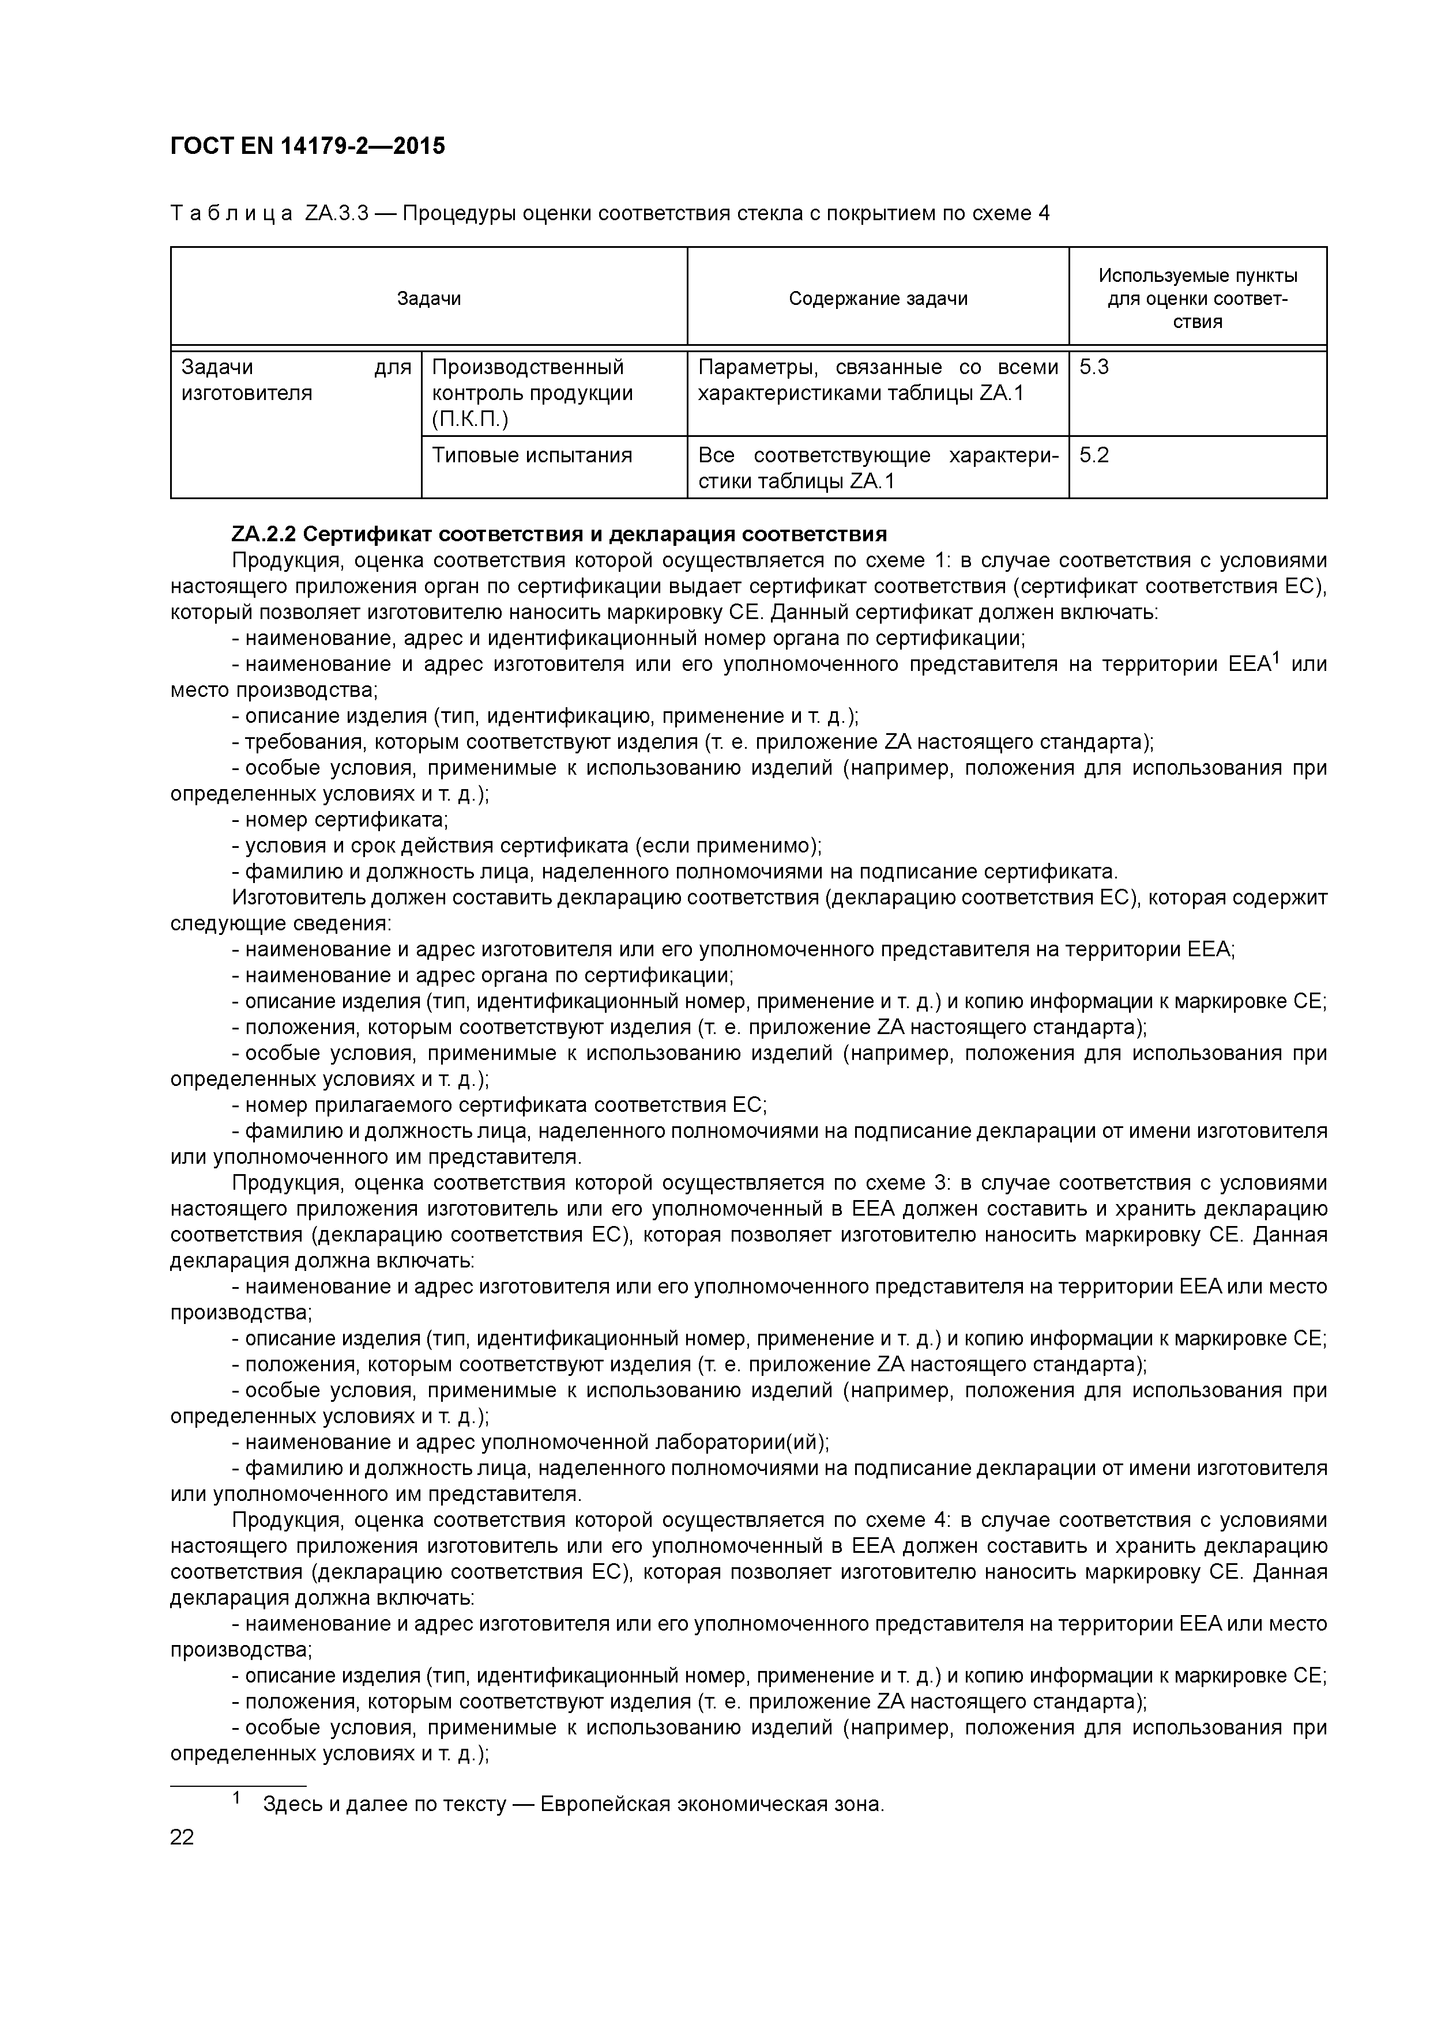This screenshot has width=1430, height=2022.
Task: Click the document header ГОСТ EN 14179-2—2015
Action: tap(307, 146)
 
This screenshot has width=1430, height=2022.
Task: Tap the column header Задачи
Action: tap(428, 299)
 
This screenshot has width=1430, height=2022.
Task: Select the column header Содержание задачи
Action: tap(878, 299)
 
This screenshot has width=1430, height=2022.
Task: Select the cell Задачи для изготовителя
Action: tap(295, 380)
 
